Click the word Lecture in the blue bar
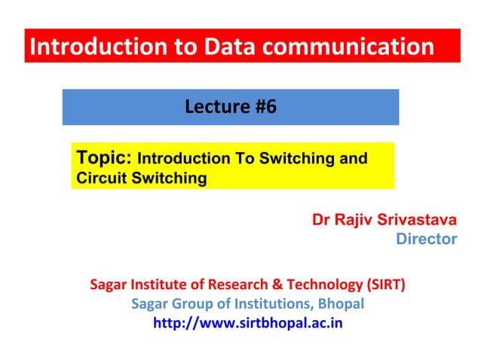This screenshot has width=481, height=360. coord(213,107)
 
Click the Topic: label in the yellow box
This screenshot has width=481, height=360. coord(105,158)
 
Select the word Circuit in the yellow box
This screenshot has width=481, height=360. coord(101,178)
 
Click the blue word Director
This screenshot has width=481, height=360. coord(426,239)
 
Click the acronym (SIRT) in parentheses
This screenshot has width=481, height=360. coord(384,285)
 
